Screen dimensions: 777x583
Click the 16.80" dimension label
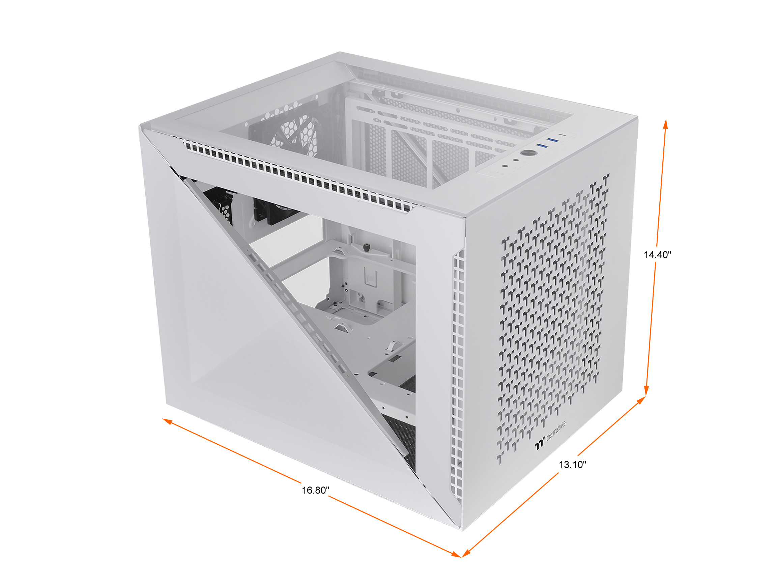tap(315, 490)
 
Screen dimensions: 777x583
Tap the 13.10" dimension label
tap(573, 465)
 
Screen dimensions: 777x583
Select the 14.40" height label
tap(657, 255)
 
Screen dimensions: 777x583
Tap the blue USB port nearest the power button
tap(542, 145)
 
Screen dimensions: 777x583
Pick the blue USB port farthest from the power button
tap(552, 140)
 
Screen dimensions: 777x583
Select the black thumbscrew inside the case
tap(367, 247)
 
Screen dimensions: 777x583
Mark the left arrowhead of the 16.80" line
tap(167, 421)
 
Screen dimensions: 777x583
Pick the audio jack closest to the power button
tap(516, 160)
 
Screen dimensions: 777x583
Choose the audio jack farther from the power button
tap(505, 166)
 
